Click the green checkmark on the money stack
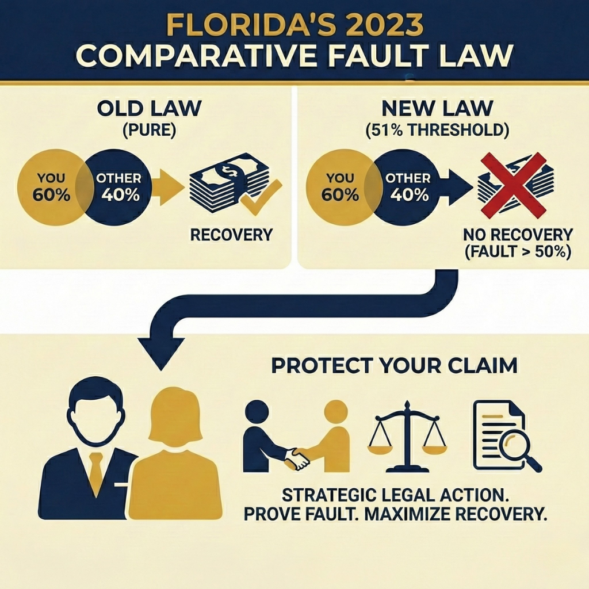coord(260,196)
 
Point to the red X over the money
coord(513,185)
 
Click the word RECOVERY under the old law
coord(231,235)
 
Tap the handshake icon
coord(297,458)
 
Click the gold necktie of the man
coord(96,472)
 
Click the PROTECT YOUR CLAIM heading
coord(393,366)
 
